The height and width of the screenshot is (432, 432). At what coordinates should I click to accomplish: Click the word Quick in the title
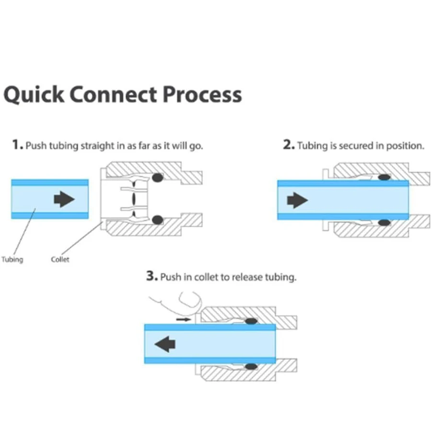pyautogui.click(x=34, y=94)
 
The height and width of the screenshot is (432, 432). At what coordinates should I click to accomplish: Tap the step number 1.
pyautogui.click(x=17, y=145)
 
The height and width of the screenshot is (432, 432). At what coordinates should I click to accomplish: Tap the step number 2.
pyautogui.click(x=289, y=145)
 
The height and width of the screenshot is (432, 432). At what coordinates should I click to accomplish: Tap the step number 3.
pyautogui.click(x=152, y=277)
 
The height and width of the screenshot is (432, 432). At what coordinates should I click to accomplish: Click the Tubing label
pyautogui.click(x=12, y=259)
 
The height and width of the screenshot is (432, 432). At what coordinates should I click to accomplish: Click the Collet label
pyautogui.click(x=60, y=259)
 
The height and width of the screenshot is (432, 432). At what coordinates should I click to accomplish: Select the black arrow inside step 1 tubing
pyautogui.click(x=64, y=199)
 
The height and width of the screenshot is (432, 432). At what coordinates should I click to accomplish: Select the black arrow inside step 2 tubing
pyautogui.click(x=297, y=199)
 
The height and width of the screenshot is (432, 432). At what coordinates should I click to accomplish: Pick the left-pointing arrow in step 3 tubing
pyautogui.click(x=165, y=343)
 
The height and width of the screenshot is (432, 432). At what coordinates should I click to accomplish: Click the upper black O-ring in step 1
pyautogui.click(x=156, y=177)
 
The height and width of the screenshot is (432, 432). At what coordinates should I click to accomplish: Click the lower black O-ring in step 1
pyautogui.click(x=156, y=220)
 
